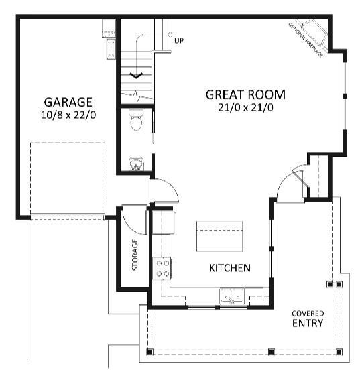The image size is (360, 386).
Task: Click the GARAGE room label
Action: pyautogui.click(x=68, y=102)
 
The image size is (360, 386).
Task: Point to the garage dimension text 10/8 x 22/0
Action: pyautogui.click(x=68, y=115)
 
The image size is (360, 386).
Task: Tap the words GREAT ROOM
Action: pyautogui.click(x=245, y=94)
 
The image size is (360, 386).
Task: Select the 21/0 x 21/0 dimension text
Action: pyautogui.click(x=245, y=107)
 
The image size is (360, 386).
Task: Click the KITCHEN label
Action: pyautogui.click(x=230, y=268)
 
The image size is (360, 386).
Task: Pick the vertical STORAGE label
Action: pyautogui.click(x=135, y=255)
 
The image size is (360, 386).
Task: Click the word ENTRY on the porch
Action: pyautogui.click(x=308, y=323)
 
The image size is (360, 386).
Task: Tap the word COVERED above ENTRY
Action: pyautogui.click(x=308, y=313)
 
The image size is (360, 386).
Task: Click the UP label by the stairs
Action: pyautogui.click(x=179, y=41)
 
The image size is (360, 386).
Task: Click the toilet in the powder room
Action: pyautogui.click(x=136, y=122)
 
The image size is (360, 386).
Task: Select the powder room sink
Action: pyautogui.click(x=136, y=164)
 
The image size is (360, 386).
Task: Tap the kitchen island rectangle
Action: pyautogui.click(x=219, y=236)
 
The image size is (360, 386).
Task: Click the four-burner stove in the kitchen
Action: pyautogui.click(x=162, y=268)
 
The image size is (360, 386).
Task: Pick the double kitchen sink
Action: pyautogui.click(x=233, y=295)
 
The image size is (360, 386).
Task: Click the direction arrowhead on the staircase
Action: pyautogui.click(x=137, y=75)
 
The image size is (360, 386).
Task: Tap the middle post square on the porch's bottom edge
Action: pyautogui.click(x=271, y=352)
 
